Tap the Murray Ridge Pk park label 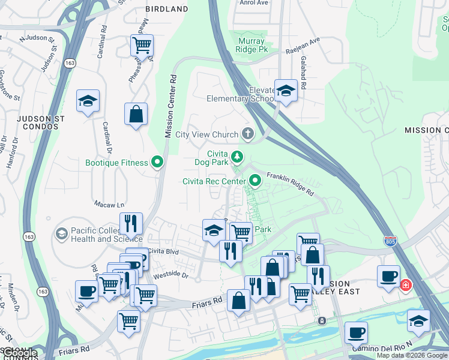click(252, 46)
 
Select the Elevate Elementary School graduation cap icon click(286, 91)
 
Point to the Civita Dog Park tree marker click(238, 157)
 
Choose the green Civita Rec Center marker click(256, 180)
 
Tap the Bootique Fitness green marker click(158, 162)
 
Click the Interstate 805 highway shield click(391, 241)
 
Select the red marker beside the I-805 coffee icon click(406, 285)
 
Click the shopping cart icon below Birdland click(142, 44)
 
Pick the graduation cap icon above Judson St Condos click(88, 101)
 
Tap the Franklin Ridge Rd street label click(291, 184)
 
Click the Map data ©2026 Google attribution click(412, 355)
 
